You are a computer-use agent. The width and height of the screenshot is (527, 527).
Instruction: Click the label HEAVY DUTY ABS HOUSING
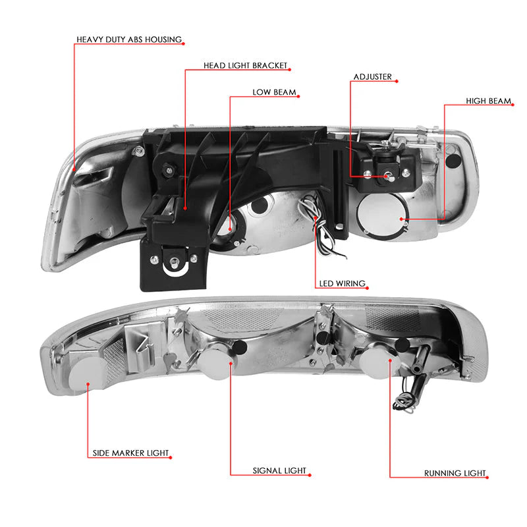[129, 40]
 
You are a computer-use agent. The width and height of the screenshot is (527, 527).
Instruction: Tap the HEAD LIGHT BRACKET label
[245, 65]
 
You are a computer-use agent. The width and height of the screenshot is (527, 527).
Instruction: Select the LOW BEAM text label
[274, 92]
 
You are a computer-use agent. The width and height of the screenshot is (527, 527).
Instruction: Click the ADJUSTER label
[372, 77]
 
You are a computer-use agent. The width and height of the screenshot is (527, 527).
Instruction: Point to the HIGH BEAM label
[488, 101]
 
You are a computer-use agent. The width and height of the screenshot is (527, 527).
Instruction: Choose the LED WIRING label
[342, 284]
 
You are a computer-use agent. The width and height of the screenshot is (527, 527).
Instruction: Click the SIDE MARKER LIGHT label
[130, 453]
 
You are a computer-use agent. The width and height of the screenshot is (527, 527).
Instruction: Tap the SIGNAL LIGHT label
[279, 470]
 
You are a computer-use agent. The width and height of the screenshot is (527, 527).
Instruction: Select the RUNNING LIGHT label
[455, 473]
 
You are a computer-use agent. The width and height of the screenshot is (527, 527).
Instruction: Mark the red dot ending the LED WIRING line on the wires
[316, 218]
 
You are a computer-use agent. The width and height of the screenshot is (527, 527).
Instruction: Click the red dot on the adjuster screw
[387, 176]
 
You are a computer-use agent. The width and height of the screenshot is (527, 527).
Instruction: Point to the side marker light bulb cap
[84, 374]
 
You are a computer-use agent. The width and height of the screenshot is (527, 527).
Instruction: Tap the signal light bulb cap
[215, 364]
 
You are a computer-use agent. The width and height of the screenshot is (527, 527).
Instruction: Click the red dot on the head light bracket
[185, 208]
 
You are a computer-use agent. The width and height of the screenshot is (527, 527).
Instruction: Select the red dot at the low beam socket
[230, 229]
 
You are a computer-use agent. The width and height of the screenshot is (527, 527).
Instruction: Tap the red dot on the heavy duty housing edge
[74, 169]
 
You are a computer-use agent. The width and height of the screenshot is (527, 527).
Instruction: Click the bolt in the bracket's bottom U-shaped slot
[174, 262]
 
